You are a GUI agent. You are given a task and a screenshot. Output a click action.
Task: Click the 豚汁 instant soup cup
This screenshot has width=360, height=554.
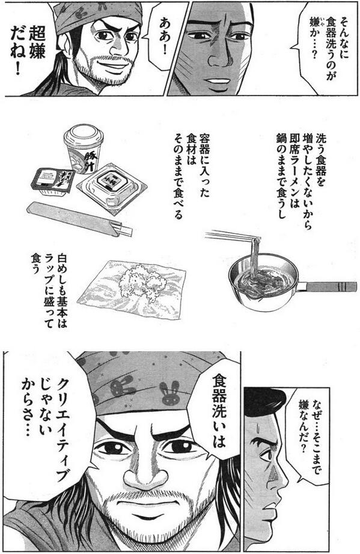pos(83,148)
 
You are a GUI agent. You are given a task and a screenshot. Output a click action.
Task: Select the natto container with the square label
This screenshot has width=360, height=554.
pos(111,186)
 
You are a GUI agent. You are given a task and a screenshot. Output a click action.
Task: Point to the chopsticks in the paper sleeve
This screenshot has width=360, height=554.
pos(79,219)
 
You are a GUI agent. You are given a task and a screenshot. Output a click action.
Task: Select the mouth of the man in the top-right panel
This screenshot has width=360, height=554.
pos(219,81)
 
